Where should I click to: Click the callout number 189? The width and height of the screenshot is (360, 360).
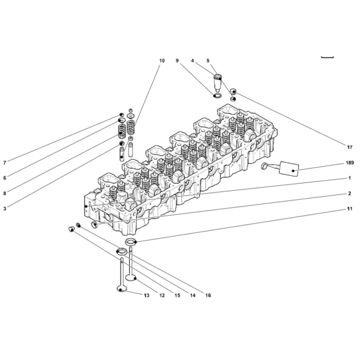[x=350, y=163]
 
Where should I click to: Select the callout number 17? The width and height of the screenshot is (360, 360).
[x=349, y=147]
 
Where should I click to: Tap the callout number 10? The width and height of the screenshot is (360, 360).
[x=162, y=61]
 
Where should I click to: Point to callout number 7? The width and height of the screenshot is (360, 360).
[x=5, y=163]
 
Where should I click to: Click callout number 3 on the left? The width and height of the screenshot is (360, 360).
[x=5, y=209]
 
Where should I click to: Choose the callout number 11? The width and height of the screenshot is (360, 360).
[x=349, y=209]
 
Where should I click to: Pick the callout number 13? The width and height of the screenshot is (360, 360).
[x=146, y=295]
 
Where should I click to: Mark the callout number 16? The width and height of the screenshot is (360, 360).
[x=208, y=295]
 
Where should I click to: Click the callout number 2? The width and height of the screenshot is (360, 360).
[x=349, y=194]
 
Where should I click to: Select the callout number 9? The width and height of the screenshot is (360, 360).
[x=177, y=61]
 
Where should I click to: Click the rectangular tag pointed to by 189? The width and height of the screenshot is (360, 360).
[x=289, y=169]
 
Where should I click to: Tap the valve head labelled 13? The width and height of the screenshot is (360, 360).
[x=122, y=289]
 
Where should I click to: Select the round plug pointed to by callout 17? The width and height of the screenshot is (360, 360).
[x=234, y=91]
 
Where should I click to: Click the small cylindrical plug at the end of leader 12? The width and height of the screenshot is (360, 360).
[x=72, y=229]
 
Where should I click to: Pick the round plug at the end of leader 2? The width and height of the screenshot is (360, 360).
[x=95, y=225]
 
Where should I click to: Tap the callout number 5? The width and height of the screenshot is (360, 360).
[x=208, y=61]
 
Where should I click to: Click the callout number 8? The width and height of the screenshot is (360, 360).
[x=5, y=193]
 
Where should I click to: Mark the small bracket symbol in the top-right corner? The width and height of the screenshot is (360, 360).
[x=327, y=58]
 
